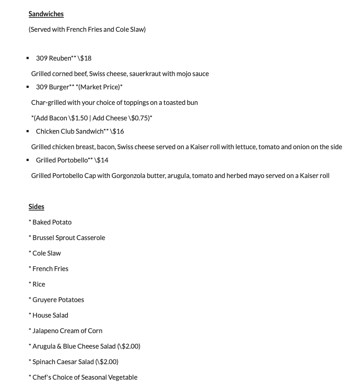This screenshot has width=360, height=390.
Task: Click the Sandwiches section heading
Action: pos(46,14)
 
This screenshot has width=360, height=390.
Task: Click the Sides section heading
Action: pos(36,207)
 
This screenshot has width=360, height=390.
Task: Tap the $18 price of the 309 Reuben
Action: pos(86,58)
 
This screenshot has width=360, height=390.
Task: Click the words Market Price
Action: pos(99,87)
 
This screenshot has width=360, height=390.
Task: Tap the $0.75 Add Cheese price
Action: pos(140,118)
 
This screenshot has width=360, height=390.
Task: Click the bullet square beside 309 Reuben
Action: pos(28,58)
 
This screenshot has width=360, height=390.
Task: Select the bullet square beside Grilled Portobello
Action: pos(28,160)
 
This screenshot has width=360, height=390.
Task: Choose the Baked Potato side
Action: pos(52,222)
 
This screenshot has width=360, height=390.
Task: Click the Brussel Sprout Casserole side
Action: pos(69,238)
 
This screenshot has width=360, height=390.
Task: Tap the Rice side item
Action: pos(38,284)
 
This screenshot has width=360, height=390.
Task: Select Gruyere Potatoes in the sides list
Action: pos(58,300)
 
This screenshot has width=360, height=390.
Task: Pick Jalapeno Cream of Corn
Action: pos(67,331)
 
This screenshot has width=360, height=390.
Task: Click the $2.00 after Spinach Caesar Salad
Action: pos(108,362)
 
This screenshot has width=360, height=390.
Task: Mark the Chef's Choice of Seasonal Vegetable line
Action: pos(85,377)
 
